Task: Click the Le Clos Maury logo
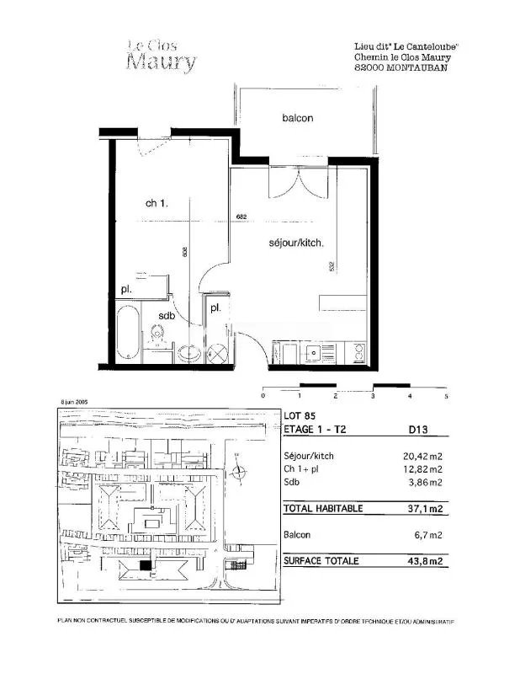click(162, 56)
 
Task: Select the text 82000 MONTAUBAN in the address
click(401, 68)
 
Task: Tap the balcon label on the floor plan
click(297, 118)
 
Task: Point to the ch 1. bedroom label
click(157, 203)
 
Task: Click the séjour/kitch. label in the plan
click(296, 243)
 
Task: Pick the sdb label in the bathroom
click(166, 316)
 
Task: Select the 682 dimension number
click(242, 218)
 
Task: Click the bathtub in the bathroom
click(128, 334)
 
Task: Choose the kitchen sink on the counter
click(313, 352)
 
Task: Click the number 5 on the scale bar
click(447, 395)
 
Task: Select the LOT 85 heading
click(300, 415)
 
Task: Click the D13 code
click(418, 429)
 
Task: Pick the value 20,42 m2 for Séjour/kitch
click(423, 456)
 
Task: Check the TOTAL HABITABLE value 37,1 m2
click(425, 509)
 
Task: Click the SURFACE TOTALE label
click(321, 560)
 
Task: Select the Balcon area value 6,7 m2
click(428, 535)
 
